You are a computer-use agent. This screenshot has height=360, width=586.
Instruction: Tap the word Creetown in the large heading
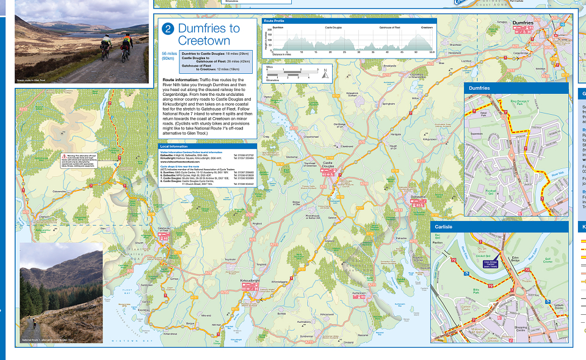point(204,41)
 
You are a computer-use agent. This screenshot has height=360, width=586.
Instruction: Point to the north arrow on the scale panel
point(325,72)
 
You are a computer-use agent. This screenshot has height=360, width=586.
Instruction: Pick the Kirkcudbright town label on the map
point(251,281)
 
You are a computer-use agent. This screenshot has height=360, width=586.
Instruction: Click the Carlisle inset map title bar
point(499,227)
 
